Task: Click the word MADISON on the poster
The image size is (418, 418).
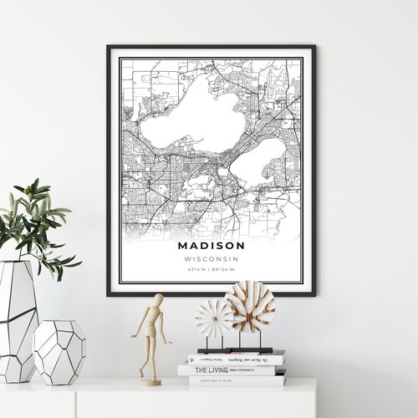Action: click(x=212, y=246)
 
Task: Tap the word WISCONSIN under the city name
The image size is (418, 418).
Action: click(x=212, y=258)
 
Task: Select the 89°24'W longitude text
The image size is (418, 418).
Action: click(x=224, y=269)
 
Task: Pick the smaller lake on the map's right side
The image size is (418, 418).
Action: click(x=258, y=161)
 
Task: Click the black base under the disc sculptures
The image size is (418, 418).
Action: click(x=236, y=349)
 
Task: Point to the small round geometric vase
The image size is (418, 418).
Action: click(x=59, y=351)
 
